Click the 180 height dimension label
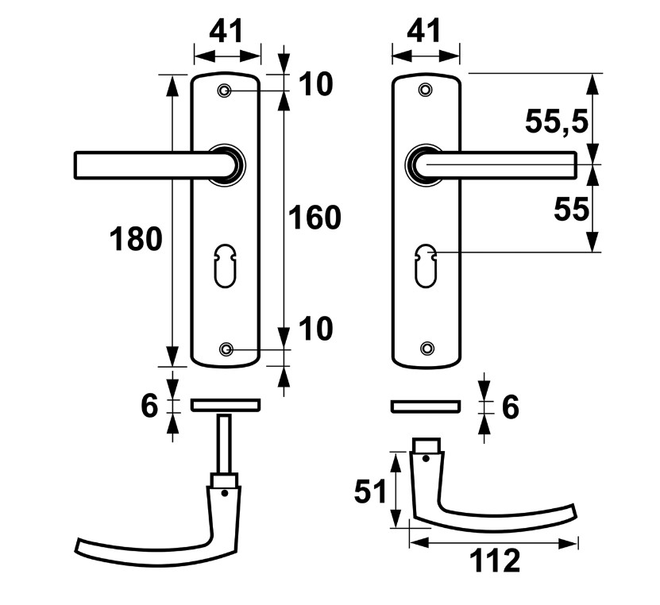tap(136, 237)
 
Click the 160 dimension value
tap(315, 217)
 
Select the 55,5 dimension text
tap(557, 121)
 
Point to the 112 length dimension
tap(494, 561)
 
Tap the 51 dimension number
tap(371, 491)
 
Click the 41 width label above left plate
tap(227, 32)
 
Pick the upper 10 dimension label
tap(316, 84)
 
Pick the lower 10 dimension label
tap(316, 329)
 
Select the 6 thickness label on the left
tap(149, 406)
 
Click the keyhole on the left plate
tap(226, 266)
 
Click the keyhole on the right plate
tap(426, 266)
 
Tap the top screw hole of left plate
tap(226, 92)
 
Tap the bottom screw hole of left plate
tap(226, 349)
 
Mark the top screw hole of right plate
tap(426, 91)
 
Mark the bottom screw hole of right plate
tap(427, 348)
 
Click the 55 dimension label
tap(571, 210)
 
